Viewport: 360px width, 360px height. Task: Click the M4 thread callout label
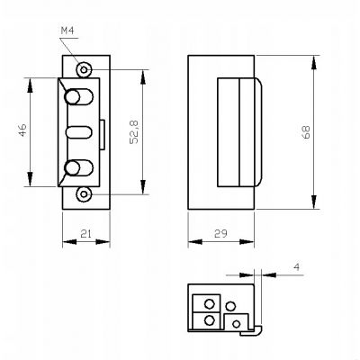click(x=67, y=31)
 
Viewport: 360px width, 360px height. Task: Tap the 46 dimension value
click(x=23, y=130)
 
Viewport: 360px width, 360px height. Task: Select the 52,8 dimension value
click(x=134, y=132)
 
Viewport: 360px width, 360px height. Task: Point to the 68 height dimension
click(x=306, y=132)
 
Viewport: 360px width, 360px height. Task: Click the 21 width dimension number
click(x=85, y=233)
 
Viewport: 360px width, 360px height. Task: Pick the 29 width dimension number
click(x=220, y=233)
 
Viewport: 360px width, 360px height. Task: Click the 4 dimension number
click(x=296, y=266)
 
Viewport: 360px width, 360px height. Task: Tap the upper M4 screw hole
click(x=84, y=70)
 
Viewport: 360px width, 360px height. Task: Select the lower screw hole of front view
click(x=84, y=194)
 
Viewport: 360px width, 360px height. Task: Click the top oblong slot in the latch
click(x=79, y=96)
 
